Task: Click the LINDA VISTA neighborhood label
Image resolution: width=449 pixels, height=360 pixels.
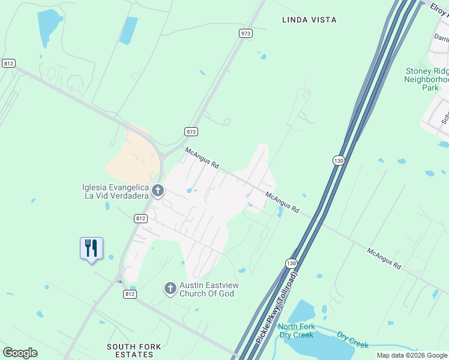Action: coord(309,20)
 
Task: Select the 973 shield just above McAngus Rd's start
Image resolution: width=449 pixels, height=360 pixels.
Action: coord(191,131)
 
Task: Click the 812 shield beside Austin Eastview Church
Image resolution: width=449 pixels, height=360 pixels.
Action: coord(130,294)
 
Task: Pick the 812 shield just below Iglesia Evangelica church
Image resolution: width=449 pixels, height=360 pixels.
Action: coord(140,218)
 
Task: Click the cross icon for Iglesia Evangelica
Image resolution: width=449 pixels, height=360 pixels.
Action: coord(158,191)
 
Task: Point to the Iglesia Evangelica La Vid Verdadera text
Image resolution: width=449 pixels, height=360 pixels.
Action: coord(116,191)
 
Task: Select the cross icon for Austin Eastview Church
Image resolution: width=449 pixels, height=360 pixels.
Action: coord(170,289)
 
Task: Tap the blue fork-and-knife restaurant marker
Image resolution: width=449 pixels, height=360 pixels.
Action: coord(91,248)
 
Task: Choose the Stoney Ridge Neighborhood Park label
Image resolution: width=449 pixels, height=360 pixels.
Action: coord(427,79)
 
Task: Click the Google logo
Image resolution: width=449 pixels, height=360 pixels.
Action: coord(20,353)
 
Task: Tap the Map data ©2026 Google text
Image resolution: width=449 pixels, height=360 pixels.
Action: coord(412,355)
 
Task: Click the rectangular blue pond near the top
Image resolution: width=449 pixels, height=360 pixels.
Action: coord(128,30)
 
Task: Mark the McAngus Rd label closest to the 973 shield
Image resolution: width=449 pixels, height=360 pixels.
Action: coord(202,158)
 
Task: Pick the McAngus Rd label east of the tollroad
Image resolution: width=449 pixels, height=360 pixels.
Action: coord(384,260)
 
